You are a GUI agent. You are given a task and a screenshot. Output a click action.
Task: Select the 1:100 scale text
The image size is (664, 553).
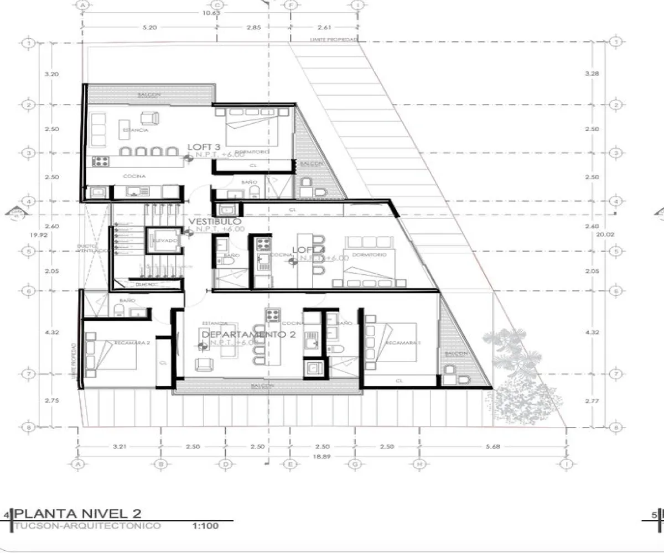(x=206, y=525)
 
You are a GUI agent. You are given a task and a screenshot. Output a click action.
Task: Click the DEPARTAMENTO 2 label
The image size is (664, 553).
(x=248, y=335)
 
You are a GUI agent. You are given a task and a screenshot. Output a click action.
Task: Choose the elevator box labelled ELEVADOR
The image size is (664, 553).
(x=164, y=241)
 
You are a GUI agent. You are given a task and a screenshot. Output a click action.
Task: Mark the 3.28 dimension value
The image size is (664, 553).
(x=592, y=74)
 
